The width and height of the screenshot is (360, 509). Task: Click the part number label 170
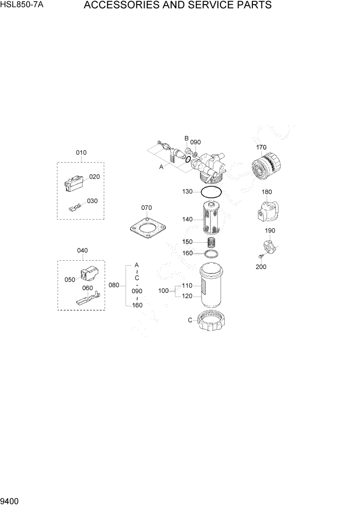pos(262,148)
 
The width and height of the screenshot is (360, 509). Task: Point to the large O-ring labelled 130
pos(211,192)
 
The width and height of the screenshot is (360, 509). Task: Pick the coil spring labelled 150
pos(211,242)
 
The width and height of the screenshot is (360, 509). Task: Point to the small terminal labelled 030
pos(75,207)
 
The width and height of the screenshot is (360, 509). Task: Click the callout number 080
pos(114,285)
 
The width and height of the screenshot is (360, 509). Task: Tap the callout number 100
pos(163,291)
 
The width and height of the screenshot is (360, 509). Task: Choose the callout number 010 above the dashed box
pos(81,152)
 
